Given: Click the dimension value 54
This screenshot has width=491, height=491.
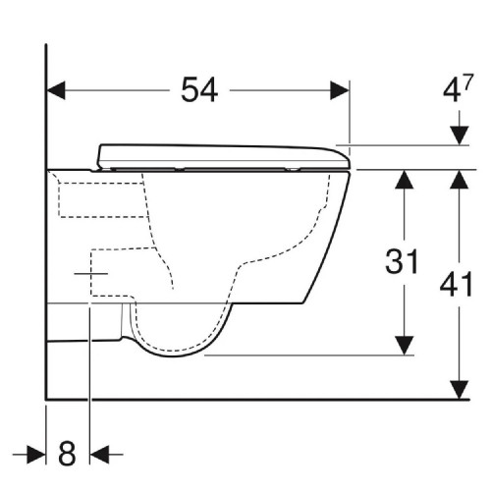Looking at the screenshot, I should click(200, 90).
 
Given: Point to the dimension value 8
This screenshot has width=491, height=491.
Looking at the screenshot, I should click(67, 454).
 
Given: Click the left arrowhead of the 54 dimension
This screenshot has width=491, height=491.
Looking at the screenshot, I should click(57, 90).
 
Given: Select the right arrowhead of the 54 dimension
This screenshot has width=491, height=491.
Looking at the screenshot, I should click(341, 90).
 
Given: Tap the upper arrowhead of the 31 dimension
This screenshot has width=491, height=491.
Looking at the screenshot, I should click(402, 178).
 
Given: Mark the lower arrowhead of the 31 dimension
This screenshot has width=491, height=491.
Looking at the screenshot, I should click(402, 348).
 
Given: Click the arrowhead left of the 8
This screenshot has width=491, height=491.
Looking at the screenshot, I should click(37, 454).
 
